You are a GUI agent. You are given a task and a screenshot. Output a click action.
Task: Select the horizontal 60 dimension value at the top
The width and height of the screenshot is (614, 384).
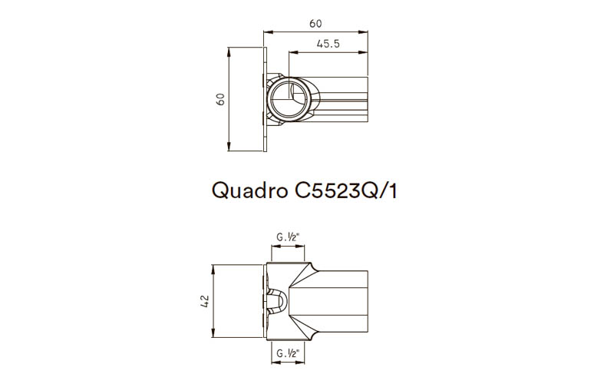pos(315,24)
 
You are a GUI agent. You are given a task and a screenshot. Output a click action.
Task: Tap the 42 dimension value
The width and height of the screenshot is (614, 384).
pos(204,303)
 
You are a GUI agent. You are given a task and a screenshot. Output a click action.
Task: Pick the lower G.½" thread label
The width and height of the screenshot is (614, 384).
pos(289,356)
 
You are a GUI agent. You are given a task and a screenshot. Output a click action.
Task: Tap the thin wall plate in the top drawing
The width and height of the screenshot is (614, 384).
pos(265,100)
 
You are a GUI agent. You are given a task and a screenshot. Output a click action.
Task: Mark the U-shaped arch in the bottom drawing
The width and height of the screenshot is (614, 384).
pos(281,303)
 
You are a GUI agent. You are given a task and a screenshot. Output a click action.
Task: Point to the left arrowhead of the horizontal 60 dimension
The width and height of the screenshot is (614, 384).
pos(267,32)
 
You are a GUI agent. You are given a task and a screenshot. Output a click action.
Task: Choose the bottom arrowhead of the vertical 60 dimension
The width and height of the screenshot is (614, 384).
pos(229,150)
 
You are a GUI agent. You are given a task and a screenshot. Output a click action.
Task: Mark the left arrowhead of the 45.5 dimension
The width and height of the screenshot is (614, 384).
pos(292,52)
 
